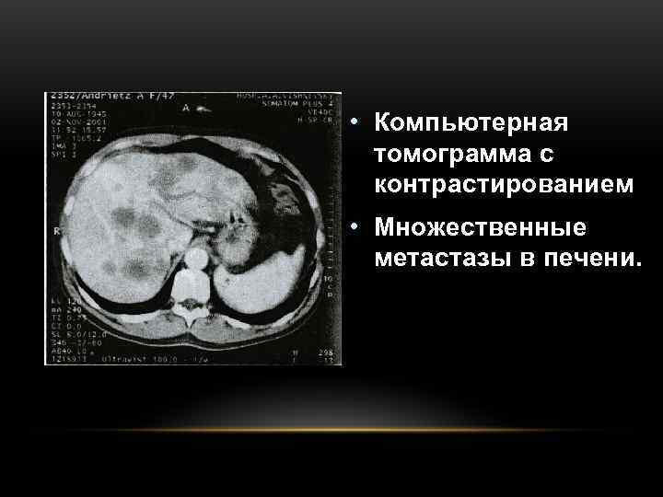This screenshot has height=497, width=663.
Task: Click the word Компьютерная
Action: click(x=472, y=122)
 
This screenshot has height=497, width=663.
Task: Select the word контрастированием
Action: click(x=505, y=184)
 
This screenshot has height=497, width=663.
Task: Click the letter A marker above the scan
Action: click(x=186, y=108)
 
